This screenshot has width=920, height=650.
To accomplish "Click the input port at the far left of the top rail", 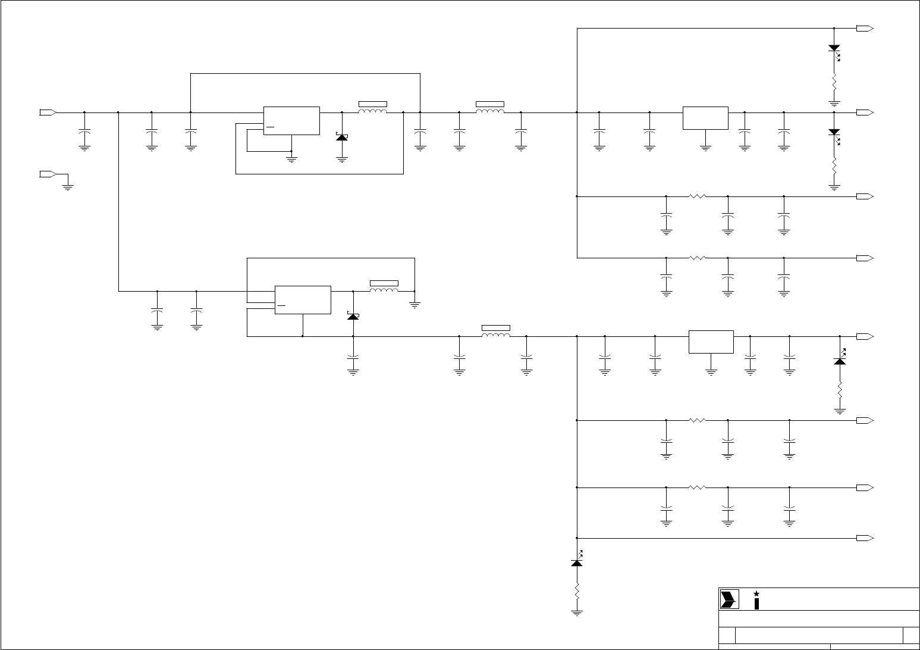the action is tap(48, 112).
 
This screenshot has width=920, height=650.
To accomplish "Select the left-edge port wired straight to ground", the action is tap(48, 174).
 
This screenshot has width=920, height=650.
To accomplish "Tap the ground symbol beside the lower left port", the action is tap(68, 187).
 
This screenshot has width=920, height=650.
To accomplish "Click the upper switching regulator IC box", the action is tap(291, 121).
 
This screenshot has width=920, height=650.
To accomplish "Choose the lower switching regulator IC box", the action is tap(303, 299).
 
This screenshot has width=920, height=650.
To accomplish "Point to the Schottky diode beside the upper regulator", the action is tap(342, 137).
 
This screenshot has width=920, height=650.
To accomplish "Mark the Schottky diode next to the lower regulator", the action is tap(353, 316).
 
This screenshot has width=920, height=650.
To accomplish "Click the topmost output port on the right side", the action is tap(864, 28).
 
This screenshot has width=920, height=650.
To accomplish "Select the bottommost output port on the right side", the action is tap(864, 538).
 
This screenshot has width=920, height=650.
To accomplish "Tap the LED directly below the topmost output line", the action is tap(834, 49).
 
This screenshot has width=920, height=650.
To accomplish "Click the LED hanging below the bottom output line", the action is tap(576, 562).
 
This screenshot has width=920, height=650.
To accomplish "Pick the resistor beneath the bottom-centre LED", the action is tap(576, 592).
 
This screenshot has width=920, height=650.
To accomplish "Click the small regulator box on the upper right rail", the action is tap(705, 118).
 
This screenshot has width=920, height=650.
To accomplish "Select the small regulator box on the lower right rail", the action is tap(711, 342).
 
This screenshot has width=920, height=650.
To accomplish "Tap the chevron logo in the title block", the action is tap(728, 599).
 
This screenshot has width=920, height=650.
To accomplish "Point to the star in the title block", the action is tap(756, 593).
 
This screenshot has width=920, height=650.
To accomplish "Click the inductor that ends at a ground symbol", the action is tap(384, 290).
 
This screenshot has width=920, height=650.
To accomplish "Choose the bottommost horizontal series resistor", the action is tap(697, 487).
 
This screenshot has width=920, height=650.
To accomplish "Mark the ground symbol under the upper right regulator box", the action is tap(705, 148).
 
